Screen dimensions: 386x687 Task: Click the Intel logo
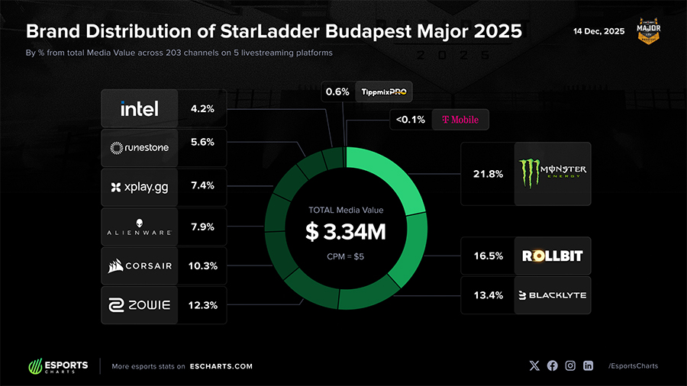pos(140,108)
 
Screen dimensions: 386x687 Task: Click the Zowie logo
pos(140,305)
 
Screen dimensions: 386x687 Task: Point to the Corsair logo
pos(140,266)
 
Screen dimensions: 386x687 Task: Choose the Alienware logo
pos(140,227)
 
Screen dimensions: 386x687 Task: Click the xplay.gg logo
pos(140,187)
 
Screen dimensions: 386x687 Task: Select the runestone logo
pos(140,148)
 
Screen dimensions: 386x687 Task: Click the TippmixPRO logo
pos(385,92)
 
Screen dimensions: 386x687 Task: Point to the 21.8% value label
pos(488,174)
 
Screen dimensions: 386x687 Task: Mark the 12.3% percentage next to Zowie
pos(202,305)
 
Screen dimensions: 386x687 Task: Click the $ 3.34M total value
pos(346,232)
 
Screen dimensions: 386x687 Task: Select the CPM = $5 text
pos(346,256)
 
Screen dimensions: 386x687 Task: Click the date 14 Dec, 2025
pos(600,31)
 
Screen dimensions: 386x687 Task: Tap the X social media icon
pos(534,365)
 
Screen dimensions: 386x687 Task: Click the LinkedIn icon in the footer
pos(588,365)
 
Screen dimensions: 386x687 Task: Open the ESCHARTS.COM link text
pos(221,366)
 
